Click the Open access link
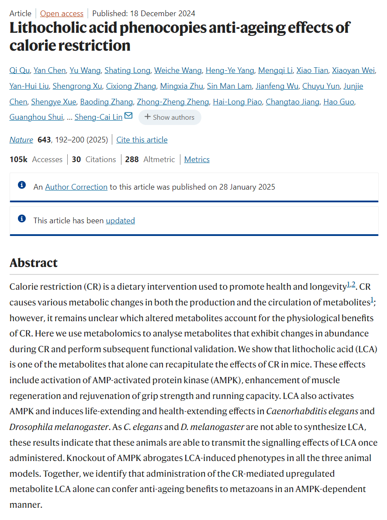coord(62,14)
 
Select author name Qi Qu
coord(19,70)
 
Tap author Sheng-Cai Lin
coord(99,117)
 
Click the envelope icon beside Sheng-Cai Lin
coord(128,116)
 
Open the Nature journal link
coord(21,140)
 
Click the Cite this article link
coord(142,140)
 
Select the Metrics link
coord(197,159)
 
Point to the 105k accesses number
coord(19,159)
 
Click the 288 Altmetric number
coord(132,159)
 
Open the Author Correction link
coord(76,187)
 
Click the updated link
coord(121,221)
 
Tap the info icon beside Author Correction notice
coord(22,185)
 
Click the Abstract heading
coord(34,263)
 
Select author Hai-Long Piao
coord(238,102)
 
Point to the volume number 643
coord(44,140)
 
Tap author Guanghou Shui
coord(35,117)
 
